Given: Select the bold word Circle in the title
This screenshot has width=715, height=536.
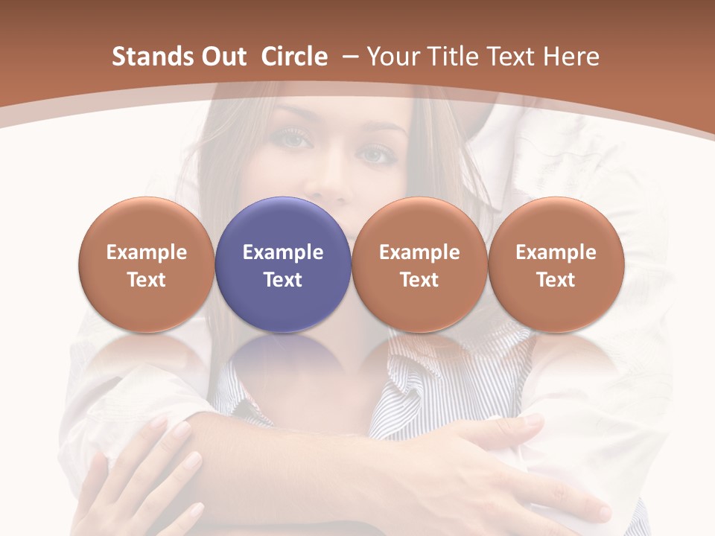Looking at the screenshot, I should [x=294, y=57].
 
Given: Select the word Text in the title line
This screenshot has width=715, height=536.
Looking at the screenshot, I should [x=513, y=57].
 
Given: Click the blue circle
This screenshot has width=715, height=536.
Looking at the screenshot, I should [x=283, y=264].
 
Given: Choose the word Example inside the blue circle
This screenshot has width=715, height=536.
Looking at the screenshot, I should [x=283, y=252].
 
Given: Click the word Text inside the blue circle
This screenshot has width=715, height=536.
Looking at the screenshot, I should [x=283, y=280].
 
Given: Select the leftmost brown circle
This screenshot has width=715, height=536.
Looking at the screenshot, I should [x=147, y=264].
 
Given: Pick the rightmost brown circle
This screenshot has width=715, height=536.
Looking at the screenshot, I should [x=556, y=264].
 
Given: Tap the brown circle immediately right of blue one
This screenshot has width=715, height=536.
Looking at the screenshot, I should [x=419, y=264].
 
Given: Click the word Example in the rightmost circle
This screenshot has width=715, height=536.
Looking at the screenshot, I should [x=556, y=252].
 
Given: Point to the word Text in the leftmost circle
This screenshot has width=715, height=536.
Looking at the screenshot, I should [x=147, y=280].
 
